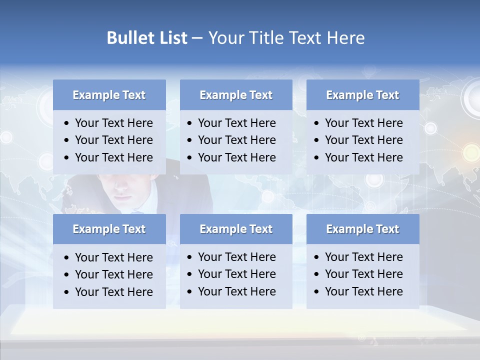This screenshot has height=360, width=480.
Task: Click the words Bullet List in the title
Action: [147, 38]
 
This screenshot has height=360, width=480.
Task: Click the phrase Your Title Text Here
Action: [286, 38]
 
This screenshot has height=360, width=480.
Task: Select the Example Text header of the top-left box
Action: [109, 95]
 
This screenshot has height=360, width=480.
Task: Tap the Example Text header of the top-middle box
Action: [236, 95]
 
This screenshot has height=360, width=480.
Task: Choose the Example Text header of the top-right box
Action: [362, 95]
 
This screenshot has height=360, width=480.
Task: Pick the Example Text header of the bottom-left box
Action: [109, 229]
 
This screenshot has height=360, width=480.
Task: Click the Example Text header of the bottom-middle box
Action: [236, 229]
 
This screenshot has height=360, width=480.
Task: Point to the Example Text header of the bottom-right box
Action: [362, 229]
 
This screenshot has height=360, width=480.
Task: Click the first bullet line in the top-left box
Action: [113, 123]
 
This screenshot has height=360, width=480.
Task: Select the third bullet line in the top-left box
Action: [113, 157]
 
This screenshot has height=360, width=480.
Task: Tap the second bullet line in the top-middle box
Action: [236, 140]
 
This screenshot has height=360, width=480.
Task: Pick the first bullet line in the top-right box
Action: [363, 123]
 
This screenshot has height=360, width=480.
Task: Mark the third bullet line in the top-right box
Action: [363, 157]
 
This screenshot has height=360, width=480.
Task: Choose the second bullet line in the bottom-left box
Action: [113, 274]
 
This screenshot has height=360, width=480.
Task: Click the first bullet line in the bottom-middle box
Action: [236, 257]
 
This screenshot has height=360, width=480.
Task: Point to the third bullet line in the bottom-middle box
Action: [236, 291]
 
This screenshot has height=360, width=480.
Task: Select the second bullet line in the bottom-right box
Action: [363, 274]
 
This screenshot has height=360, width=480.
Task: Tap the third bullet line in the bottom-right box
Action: [363, 291]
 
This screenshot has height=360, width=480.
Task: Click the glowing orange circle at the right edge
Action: [470, 151]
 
